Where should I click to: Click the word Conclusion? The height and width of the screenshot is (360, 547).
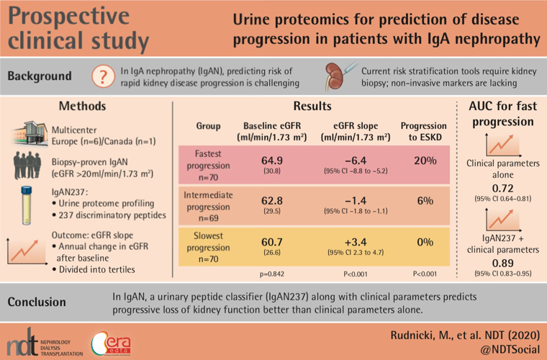pos(42,302)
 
